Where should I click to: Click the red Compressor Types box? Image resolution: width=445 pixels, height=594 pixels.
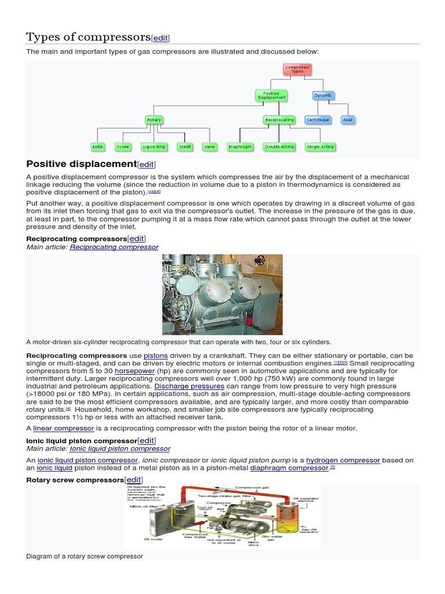click(297, 69)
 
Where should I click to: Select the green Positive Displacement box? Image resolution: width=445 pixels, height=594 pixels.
click(271, 96)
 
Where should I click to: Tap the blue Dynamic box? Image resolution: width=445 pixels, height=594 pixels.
click(323, 95)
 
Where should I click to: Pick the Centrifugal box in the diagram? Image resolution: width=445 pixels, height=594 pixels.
click(317, 120)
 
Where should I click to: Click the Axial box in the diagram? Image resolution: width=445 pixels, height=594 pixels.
click(348, 120)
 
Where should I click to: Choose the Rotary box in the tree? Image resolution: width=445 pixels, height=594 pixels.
click(154, 120)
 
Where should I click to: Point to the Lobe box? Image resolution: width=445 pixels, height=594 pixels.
click(97, 147)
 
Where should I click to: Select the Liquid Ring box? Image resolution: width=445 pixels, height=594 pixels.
click(154, 147)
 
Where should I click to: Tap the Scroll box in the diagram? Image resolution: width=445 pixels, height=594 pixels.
click(184, 147)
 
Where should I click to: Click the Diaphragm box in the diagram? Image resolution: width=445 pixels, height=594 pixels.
click(239, 147)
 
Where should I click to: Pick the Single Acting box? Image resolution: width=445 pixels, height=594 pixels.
click(320, 147)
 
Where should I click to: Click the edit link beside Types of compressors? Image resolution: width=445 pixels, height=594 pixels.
click(161, 38)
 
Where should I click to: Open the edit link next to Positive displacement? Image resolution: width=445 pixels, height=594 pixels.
click(147, 165)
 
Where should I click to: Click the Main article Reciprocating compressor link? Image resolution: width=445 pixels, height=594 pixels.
click(114, 247)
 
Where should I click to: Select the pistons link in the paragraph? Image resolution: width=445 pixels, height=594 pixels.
click(155, 356)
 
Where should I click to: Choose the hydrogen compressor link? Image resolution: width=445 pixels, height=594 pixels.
click(343, 460)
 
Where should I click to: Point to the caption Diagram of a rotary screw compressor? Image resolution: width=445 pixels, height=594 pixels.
click(85, 556)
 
